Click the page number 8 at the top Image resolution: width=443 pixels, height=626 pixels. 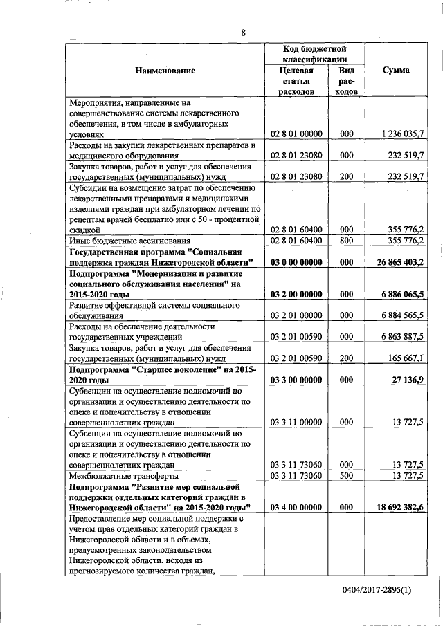coord(244,33)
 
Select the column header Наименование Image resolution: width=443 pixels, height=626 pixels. coord(165,70)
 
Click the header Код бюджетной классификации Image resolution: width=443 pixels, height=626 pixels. coord(315,54)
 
